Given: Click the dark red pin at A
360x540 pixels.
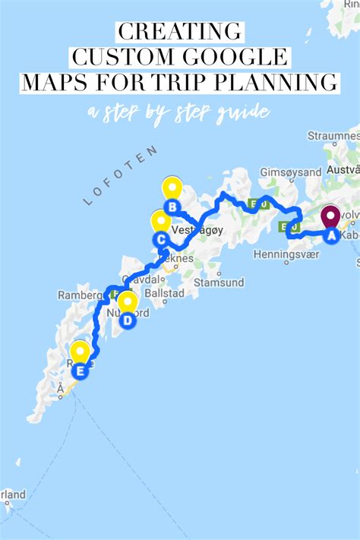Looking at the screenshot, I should click(330, 216).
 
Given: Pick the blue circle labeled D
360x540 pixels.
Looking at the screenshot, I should click(128, 321).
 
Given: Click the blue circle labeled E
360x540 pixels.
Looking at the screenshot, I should click(81, 371).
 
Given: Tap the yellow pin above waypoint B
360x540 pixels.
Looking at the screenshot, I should click(172, 188).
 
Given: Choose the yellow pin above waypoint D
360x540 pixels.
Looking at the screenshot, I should click(128, 302).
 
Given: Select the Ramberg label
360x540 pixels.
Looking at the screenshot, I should click(79, 294).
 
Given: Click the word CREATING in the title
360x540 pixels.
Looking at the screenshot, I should click(180, 33).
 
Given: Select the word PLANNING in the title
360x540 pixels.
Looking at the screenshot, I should click(278, 81).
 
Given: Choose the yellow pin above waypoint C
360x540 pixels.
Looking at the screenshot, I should click(160, 222).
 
